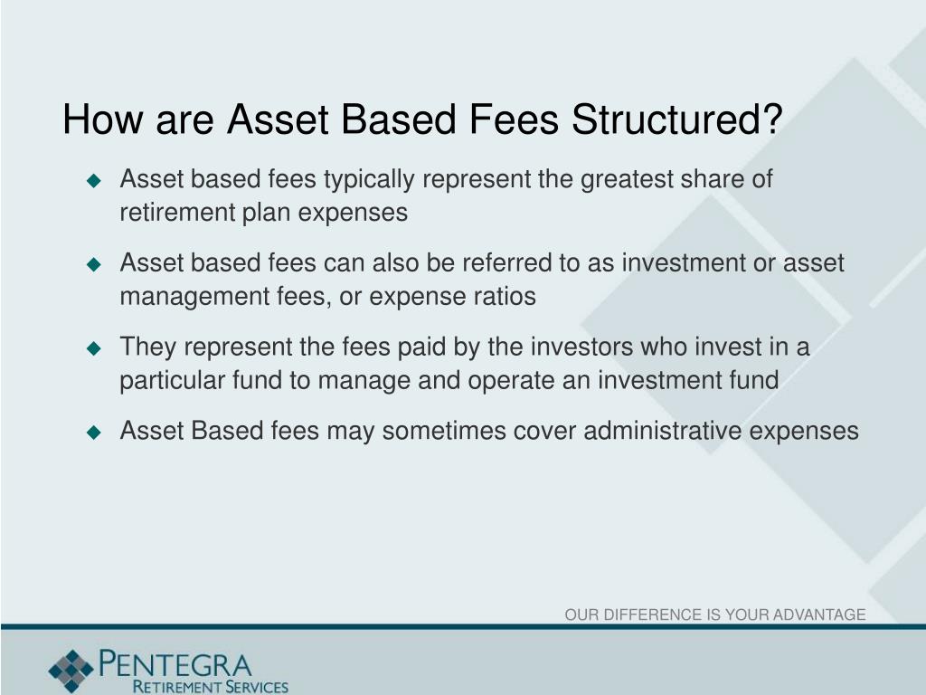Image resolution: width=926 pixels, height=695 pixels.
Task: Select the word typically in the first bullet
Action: point(369,180)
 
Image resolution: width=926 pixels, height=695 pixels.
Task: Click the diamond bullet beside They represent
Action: point(93,348)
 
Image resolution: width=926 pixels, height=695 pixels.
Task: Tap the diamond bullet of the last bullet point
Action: point(93,433)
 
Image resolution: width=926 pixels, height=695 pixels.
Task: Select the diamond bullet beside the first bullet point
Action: point(93,181)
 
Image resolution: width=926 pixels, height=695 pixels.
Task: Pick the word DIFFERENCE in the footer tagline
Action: point(649,615)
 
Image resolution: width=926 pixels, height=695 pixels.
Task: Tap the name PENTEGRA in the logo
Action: point(176,662)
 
